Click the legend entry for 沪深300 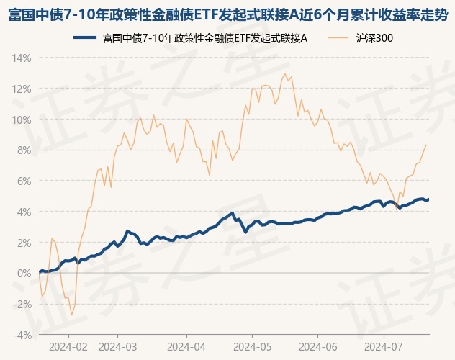(x=374, y=37)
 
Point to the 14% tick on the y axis (x=22, y=58)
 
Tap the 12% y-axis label (x=22, y=89)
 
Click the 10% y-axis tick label (x=22, y=120)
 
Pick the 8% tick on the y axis (x=24, y=150)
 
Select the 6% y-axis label (x=24, y=181)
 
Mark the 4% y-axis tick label (x=24, y=212)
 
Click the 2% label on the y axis (x=24, y=243)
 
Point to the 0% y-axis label (x=24, y=274)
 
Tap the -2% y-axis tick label (x=22, y=304)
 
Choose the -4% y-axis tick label (x=22, y=335)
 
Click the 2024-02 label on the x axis (x=68, y=346)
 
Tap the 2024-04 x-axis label (x=186, y=346)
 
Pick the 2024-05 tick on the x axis (x=252, y=346)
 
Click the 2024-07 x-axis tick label (x=384, y=346)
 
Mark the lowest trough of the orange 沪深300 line (x=71, y=315)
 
